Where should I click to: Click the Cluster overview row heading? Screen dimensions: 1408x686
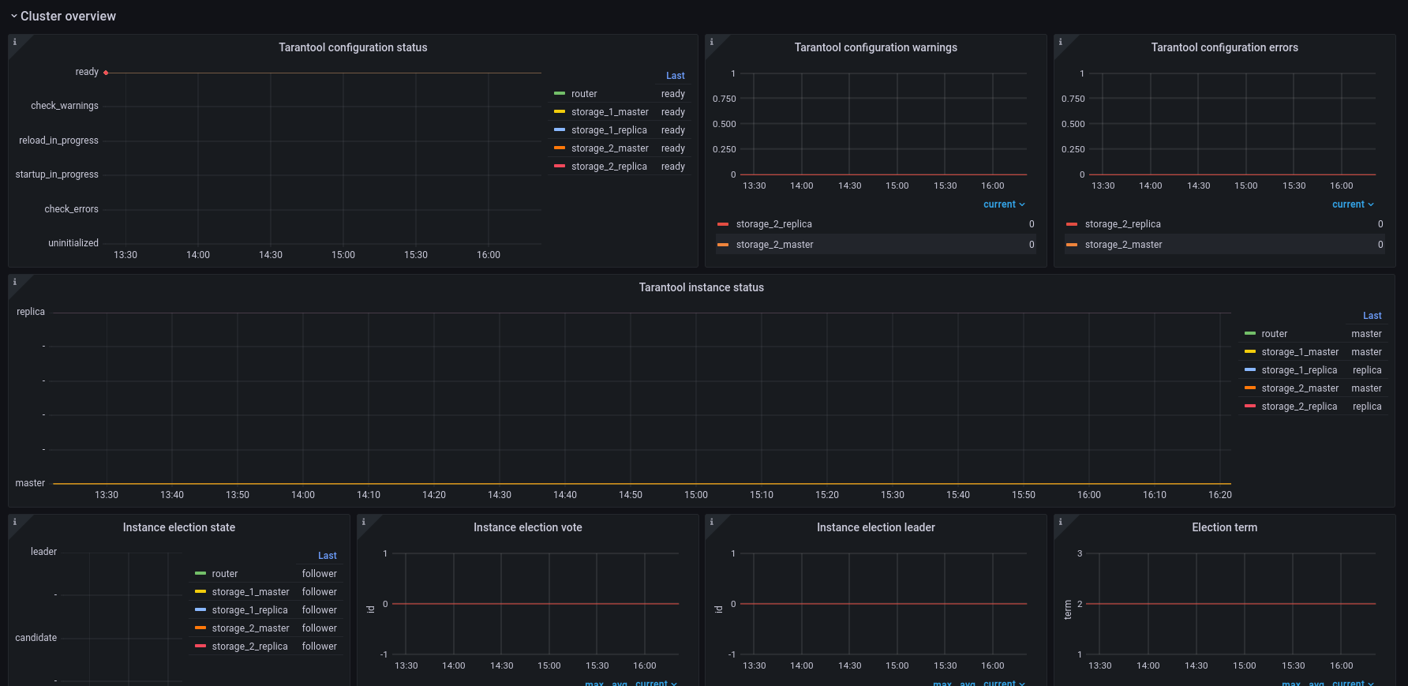point(68,16)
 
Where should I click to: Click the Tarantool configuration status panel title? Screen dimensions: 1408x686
point(353,47)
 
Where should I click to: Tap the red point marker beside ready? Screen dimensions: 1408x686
point(106,73)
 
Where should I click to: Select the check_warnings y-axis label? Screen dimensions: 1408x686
point(65,106)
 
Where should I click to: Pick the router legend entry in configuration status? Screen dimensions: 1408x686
point(584,94)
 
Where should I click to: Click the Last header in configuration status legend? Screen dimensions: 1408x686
point(676,76)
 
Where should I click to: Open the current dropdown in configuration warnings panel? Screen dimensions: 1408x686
point(1004,204)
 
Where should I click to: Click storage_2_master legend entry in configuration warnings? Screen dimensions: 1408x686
point(774,245)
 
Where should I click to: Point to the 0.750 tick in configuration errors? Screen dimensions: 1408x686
point(1073,99)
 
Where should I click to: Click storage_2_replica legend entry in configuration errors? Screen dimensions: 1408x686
point(1122,224)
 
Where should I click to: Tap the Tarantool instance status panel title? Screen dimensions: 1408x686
point(702,287)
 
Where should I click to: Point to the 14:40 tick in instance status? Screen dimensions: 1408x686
point(565,495)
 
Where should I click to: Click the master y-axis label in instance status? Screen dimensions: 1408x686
point(30,483)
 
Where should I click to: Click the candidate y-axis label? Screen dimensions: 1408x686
point(36,638)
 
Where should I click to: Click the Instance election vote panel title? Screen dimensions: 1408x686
point(528,527)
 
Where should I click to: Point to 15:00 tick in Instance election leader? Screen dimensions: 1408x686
point(897,665)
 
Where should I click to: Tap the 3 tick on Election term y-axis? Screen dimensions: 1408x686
point(1080,553)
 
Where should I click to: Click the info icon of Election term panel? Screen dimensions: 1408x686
point(1060,522)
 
